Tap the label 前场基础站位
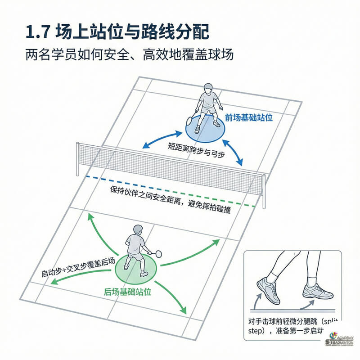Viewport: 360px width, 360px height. coord(249,117)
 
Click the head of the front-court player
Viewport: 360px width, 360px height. coord(207,88)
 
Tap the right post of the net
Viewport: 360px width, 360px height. coord(264,191)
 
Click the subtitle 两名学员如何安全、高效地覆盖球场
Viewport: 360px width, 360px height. coord(129,55)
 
